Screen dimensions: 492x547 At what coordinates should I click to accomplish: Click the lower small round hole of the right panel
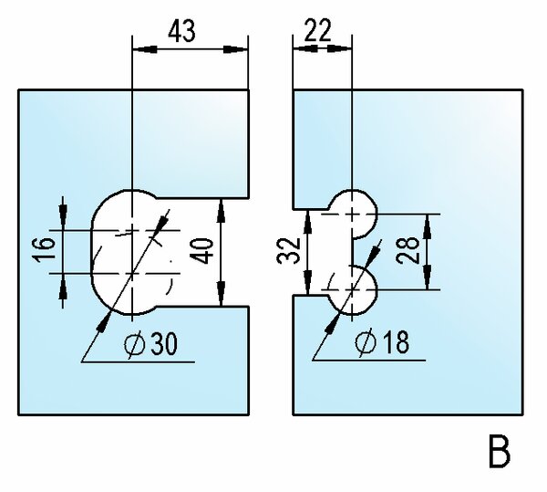(x=352, y=288)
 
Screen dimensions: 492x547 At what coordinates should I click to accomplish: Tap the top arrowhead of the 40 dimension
(x=222, y=208)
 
